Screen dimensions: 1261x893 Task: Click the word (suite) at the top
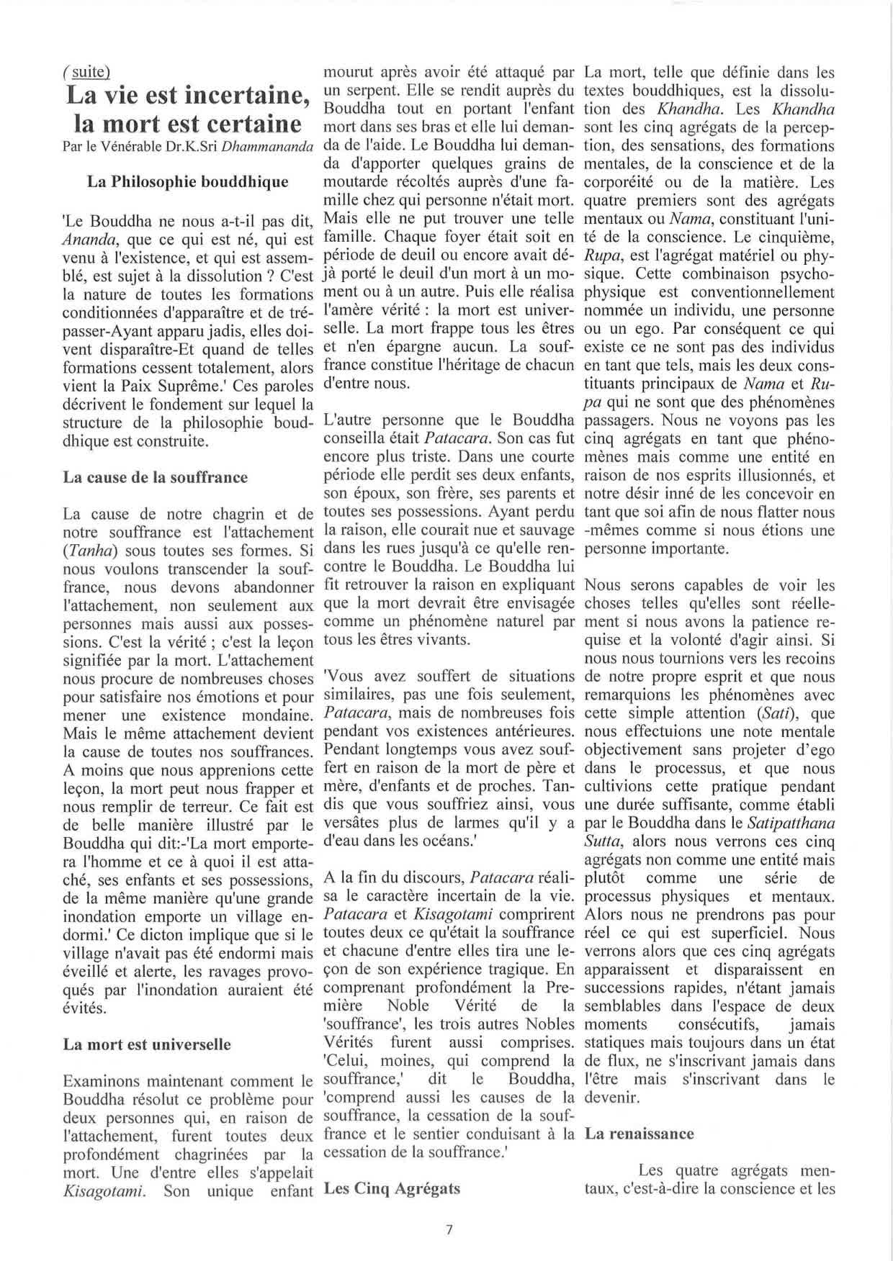pos(86,71)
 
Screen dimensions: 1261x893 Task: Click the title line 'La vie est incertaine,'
pos(188,95)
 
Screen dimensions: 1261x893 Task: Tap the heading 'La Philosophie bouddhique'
pos(187,181)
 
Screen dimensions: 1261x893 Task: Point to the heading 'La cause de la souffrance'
pos(155,477)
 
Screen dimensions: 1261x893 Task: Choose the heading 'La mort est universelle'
pos(147,1044)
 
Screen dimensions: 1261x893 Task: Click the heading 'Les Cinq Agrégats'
pos(392,1188)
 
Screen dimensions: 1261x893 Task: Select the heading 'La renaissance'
pos(639,1134)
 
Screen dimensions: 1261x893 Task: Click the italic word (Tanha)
pos(91,551)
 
